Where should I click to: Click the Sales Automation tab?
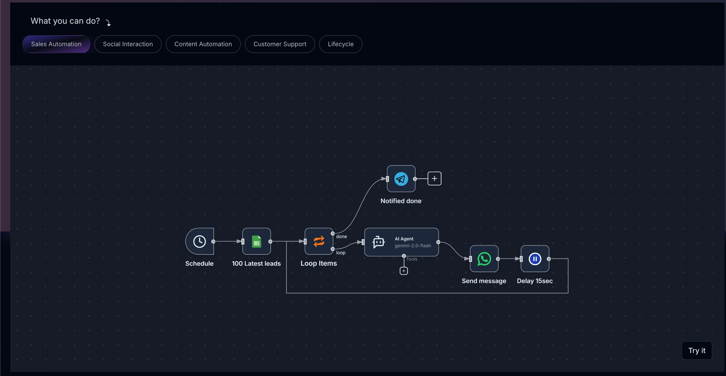pos(56,44)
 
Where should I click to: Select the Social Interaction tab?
pos(128,44)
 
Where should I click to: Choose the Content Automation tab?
pos(203,44)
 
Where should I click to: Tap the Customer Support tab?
pos(280,44)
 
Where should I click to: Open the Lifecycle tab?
pos(341,44)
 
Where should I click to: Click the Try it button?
pos(697,351)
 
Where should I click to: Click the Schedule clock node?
pos(200,241)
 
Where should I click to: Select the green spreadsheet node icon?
pos(257,241)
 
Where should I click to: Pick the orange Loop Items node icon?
pos(319,241)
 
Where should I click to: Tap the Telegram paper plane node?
pos(401,179)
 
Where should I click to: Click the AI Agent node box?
pos(402,242)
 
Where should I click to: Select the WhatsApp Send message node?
pos(484,259)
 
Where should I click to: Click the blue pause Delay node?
pos(535,259)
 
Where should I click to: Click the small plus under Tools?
pos(404,271)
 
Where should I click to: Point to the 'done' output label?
pos(342,237)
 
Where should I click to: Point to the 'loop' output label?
pos(341,253)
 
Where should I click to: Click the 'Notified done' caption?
pos(401,201)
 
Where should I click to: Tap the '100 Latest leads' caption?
pos(257,264)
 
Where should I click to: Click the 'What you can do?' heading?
pos(65,21)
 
